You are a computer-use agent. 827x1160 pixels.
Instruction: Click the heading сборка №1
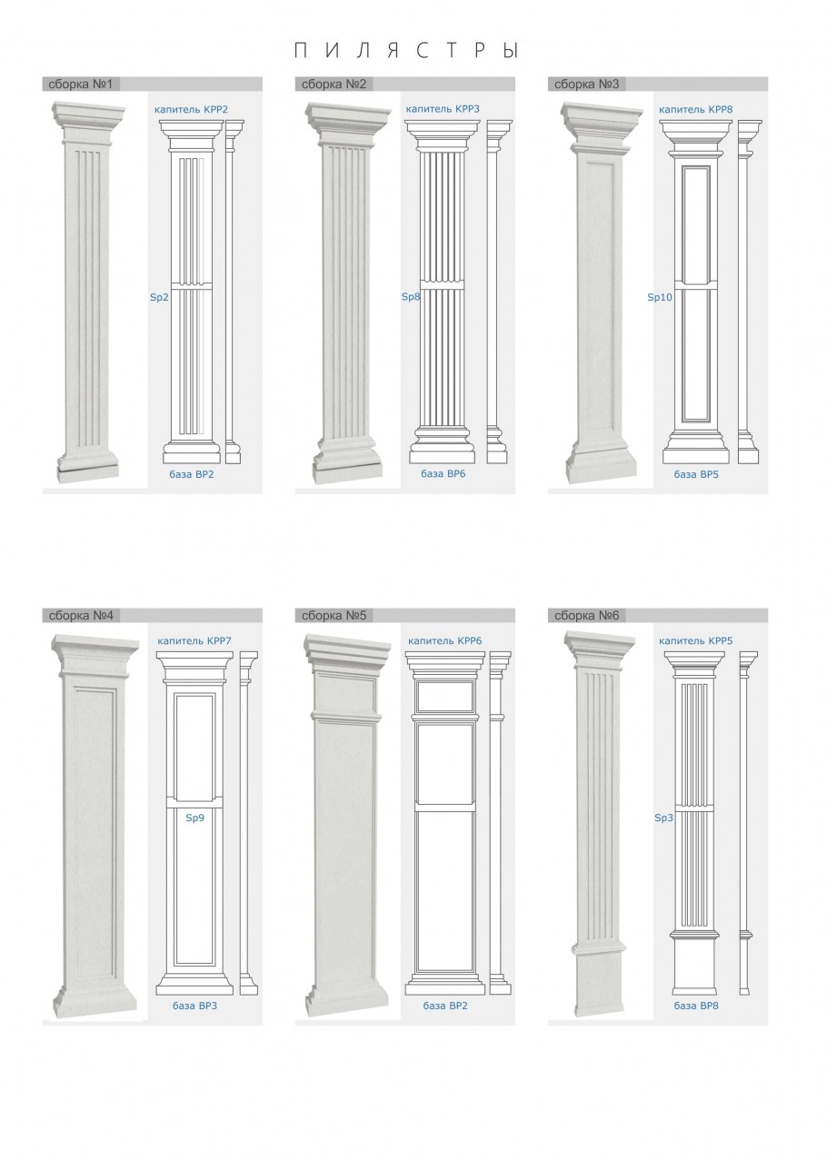point(80,84)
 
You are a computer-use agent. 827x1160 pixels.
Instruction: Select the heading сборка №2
point(334,84)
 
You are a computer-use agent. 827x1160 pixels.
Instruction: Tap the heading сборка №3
point(586,84)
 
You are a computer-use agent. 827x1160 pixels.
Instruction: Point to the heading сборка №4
point(81,615)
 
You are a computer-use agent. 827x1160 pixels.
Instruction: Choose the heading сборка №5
point(334,615)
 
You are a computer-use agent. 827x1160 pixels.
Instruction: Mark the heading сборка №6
point(586,615)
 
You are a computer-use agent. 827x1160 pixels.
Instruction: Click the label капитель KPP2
point(191,110)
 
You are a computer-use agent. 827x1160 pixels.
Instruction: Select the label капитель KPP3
point(443,109)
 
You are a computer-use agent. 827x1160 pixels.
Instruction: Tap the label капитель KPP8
point(696,109)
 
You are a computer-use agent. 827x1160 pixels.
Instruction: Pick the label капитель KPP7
point(194,640)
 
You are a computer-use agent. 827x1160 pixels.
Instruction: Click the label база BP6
point(443,473)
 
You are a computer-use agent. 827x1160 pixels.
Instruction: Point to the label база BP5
point(696,474)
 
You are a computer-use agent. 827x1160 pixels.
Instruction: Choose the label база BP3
point(194,1006)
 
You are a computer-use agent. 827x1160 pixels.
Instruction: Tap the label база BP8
point(696,1006)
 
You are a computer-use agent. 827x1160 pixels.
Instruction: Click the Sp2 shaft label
point(159,297)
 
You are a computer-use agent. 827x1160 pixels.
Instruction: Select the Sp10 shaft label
point(660,297)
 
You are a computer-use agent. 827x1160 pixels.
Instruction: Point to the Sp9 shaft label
point(194,818)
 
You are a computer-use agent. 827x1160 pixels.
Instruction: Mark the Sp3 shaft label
point(663,818)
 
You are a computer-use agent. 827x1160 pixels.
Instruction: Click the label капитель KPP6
point(444,640)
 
